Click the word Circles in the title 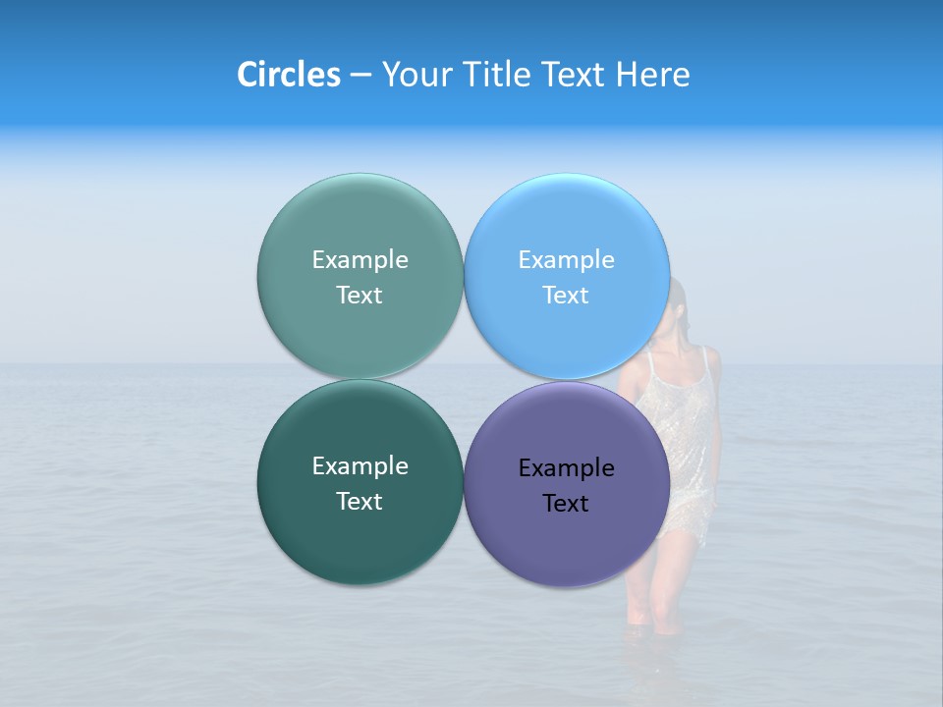pos(288,75)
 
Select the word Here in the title pos(652,75)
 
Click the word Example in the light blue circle pos(566,259)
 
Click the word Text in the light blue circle pos(566,295)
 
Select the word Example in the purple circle pos(566,467)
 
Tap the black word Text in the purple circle pos(566,503)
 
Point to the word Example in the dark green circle pos(360,465)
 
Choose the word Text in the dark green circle pos(360,501)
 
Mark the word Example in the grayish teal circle pos(360,259)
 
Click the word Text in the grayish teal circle pos(360,295)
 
